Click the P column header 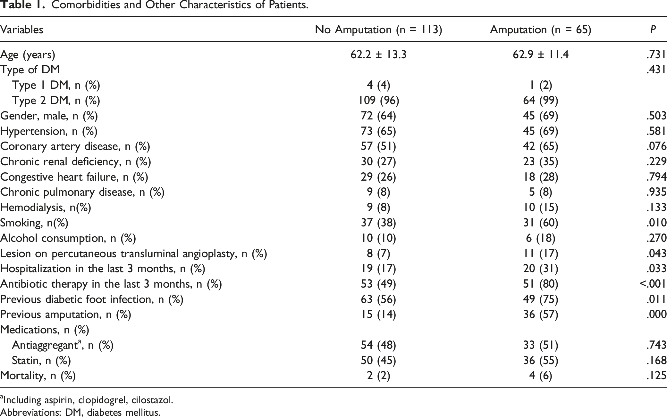[653, 29]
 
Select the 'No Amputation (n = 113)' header [378, 30]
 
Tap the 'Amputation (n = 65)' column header [540, 30]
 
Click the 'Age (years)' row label [28, 55]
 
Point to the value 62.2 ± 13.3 [378, 55]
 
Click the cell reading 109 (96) [378, 101]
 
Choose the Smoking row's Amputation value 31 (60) [540, 223]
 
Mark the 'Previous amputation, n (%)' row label [66, 315]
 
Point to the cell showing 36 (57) [540, 315]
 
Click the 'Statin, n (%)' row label [41, 360]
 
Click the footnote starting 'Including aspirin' [87, 400]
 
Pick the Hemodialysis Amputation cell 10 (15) [540, 208]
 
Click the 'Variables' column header [21, 29]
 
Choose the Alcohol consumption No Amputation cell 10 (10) [378, 238]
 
